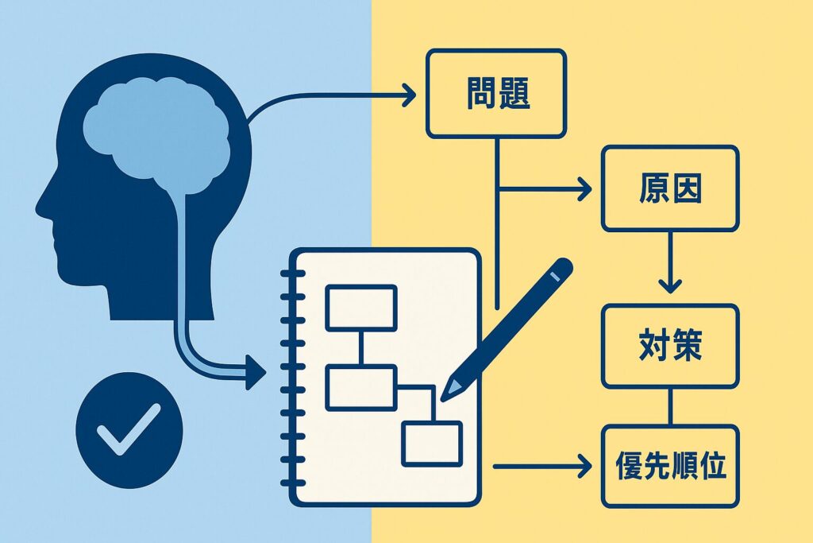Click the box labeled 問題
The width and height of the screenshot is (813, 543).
pos(496,93)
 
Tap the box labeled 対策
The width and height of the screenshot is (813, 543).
pos(669,347)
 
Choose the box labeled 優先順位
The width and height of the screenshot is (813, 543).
pos(669,466)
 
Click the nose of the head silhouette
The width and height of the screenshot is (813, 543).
pos(40,208)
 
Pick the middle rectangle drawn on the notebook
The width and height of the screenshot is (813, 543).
pos(360,388)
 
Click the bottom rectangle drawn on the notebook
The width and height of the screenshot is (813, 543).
pos(431,443)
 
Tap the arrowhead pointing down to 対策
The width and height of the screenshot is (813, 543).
pos(670,284)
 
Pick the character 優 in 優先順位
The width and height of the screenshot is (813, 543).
pos(629,466)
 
